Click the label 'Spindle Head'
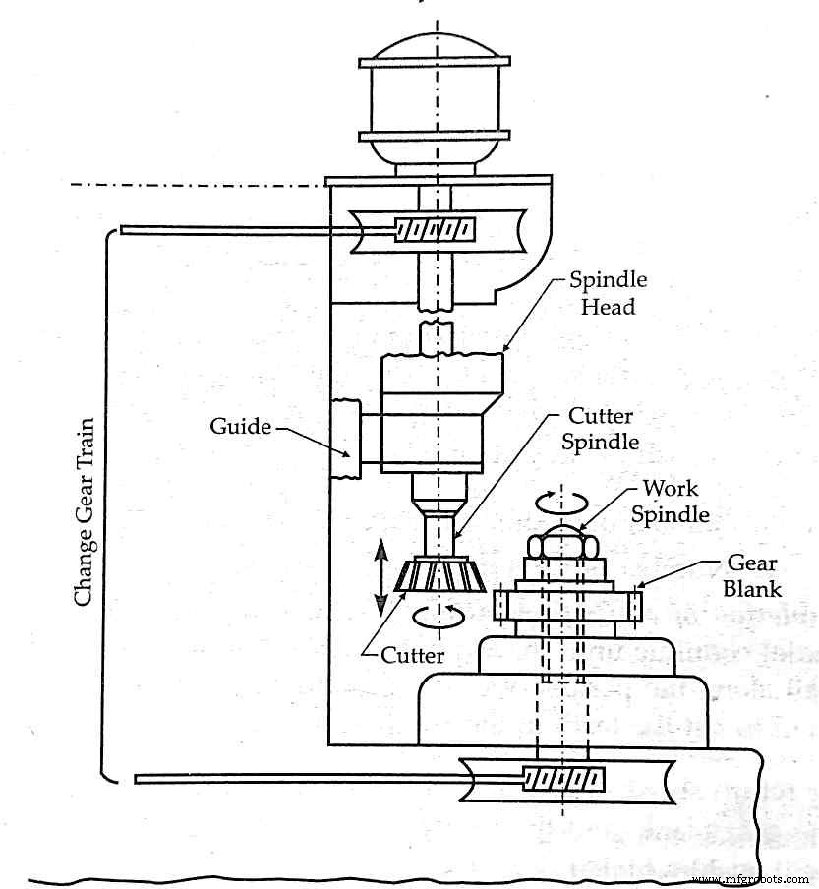tap(608, 293)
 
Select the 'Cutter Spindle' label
tap(600, 429)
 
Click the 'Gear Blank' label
tap(752, 575)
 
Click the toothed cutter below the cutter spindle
tap(440, 575)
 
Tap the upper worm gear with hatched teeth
tap(434, 229)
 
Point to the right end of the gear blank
tap(635, 604)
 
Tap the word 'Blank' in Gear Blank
tap(752, 588)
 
